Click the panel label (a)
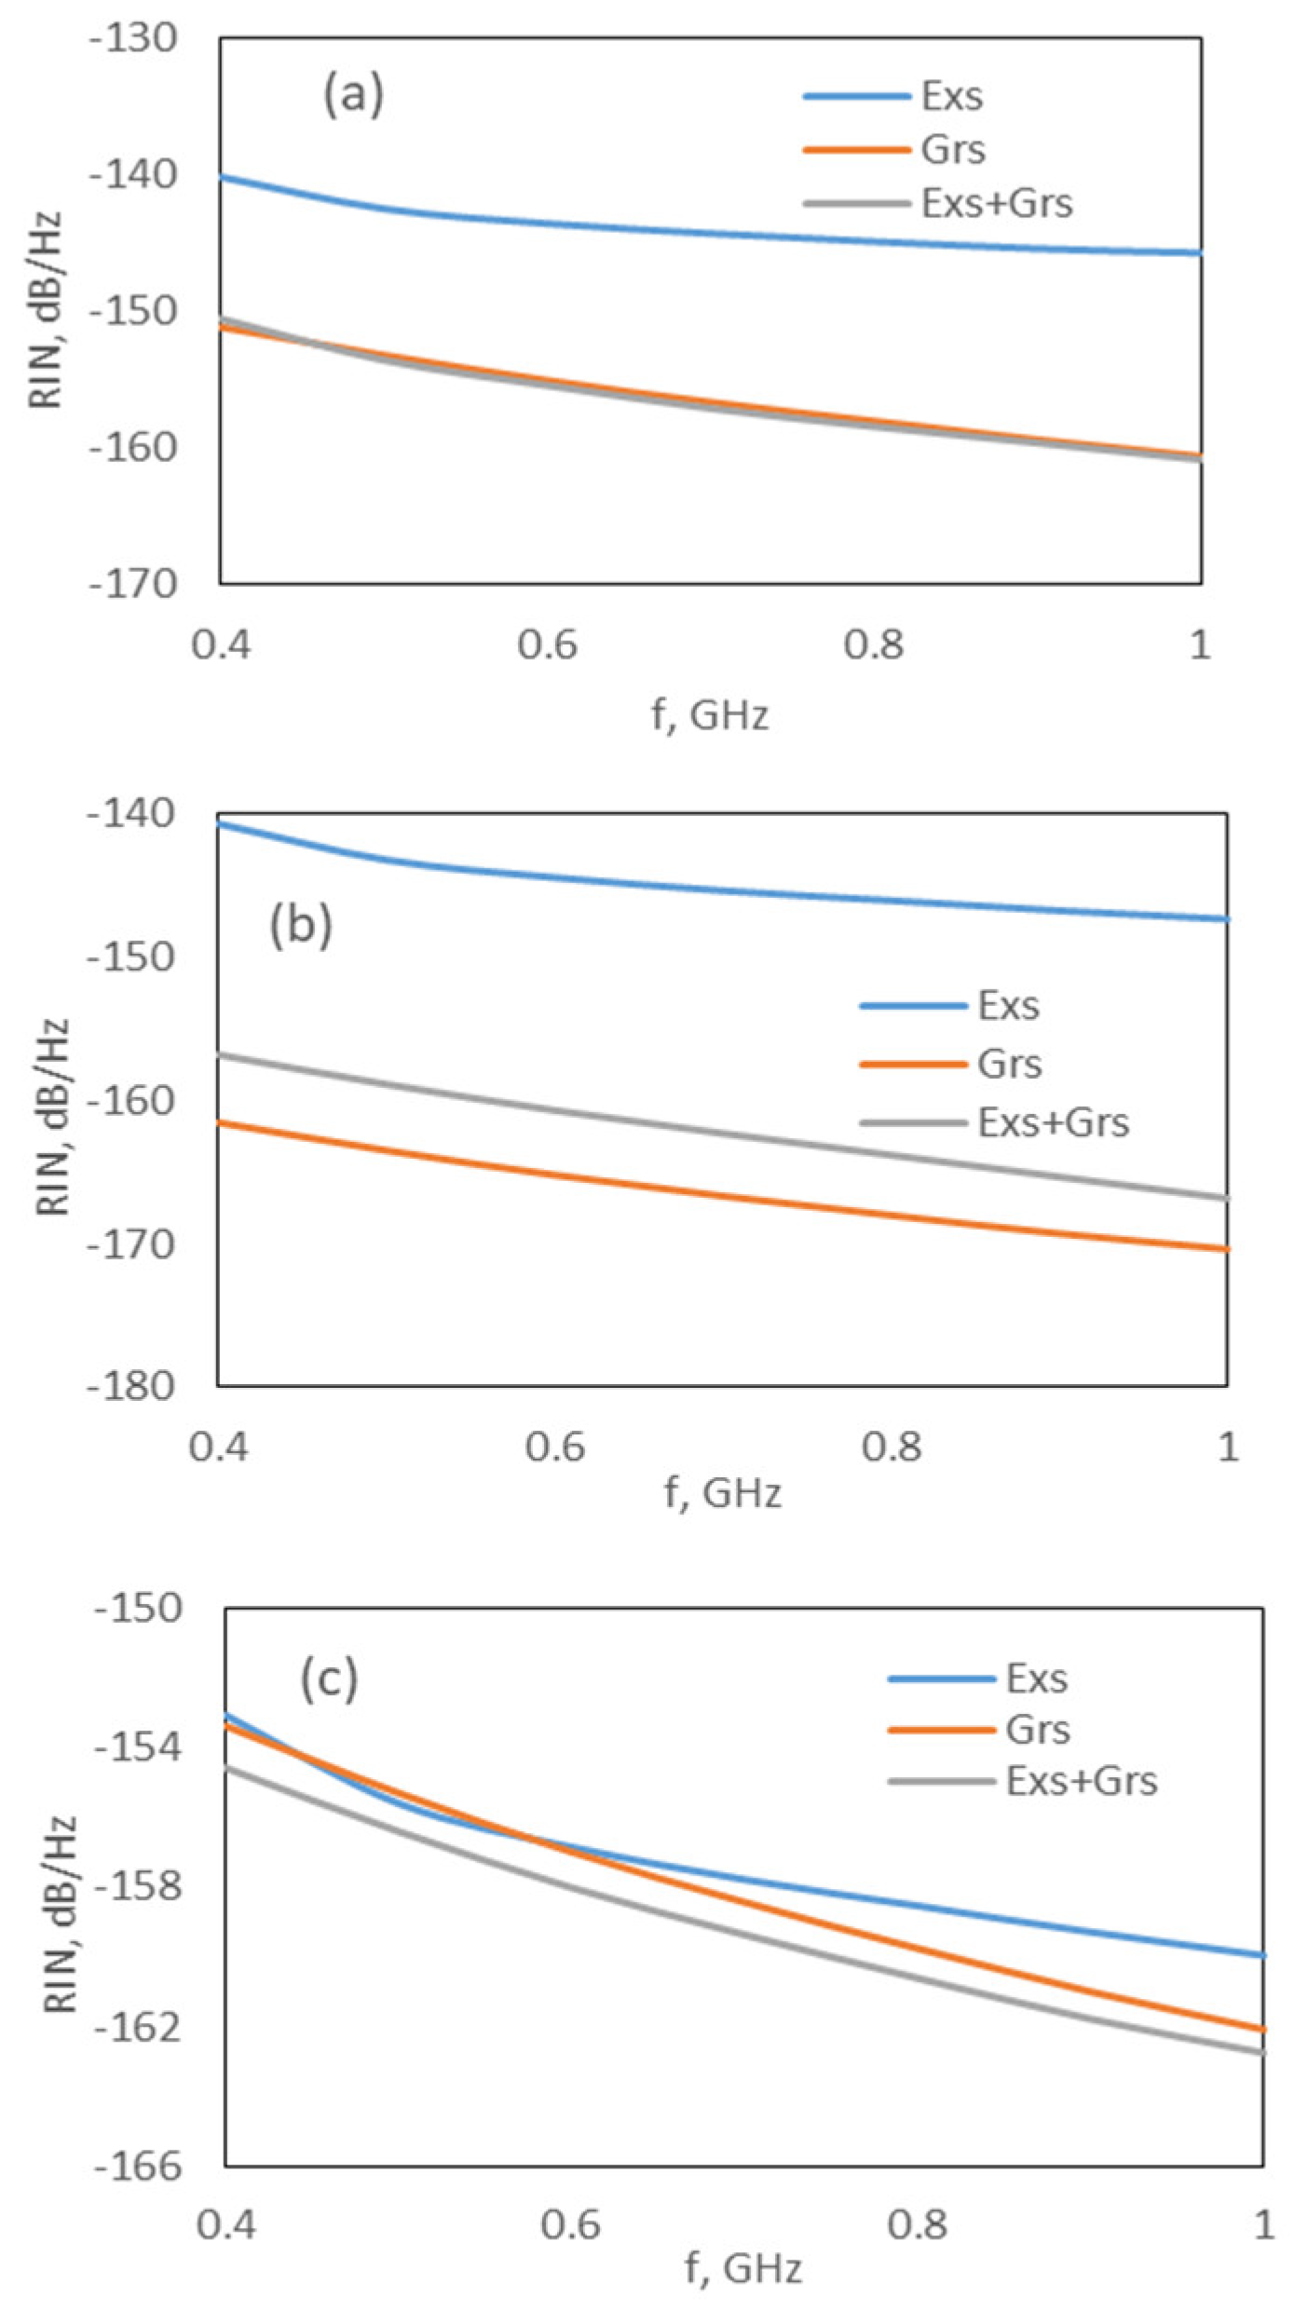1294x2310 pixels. [x=353, y=95]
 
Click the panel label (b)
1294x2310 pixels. [x=300, y=926]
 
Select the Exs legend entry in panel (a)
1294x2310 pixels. [x=951, y=97]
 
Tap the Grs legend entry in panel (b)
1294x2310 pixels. [x=1009, y=1064]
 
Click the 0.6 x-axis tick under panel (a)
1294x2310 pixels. [x=548, y=645]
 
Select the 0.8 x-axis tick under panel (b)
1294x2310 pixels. [x=892, y=1447]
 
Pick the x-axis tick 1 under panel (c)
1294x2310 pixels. [x=1263, y=2225]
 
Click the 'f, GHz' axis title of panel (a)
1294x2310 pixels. [x=710, y=715]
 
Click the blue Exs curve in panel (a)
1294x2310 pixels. [x=708, y=232]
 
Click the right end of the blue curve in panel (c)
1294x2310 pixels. [x=1260, y=1955]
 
